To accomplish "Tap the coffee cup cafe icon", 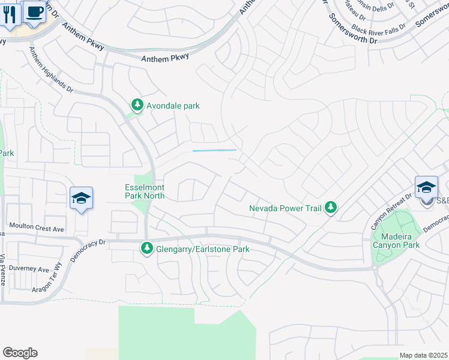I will pyautogui.click(x=34, y=12).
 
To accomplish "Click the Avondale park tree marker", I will pyautogui.click(x=137, y=106).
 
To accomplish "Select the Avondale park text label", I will pyautogui.click(x=173, y=106).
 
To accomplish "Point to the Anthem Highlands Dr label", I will pyautogui.click(x=50, y=70).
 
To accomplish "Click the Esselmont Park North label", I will pyautogui.click(x=144, y=191).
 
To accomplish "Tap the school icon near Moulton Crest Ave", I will pyautogui.click(x=80, y=199).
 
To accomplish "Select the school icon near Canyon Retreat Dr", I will pyautogui.click(x=426, y=187).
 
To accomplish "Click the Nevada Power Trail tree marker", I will pyautogui.click(x=330, y=208).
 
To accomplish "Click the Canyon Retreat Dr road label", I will pyautogui.click(x=391, y=212).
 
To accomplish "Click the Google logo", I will pyautogui.click(x=20, y=353).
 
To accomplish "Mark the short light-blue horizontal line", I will pyautogui.click(x=214, y=150).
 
